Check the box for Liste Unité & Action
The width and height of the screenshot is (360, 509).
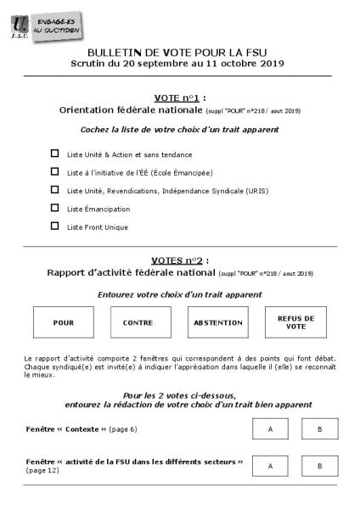(55, 154)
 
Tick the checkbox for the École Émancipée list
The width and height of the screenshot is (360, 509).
(55, 172)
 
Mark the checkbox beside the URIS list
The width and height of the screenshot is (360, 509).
(55, 190)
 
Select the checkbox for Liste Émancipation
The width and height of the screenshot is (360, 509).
(55, 208)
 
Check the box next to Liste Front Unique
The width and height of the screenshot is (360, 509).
(55, 226)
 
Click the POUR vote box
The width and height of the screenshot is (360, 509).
(64, 322)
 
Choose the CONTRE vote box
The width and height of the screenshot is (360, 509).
(138, 322)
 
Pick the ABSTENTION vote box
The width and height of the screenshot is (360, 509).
(217, 322)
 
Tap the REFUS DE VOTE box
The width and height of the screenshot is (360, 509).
(295, 322)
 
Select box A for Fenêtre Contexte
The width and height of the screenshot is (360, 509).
(270, 429)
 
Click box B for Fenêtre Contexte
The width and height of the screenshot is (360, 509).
(320, 429)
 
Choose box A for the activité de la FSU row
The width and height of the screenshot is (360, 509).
(270, 466)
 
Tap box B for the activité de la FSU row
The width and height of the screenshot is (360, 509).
(320, 466)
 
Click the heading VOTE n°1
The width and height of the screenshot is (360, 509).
(179, 98)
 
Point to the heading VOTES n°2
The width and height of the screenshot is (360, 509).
(179, 260)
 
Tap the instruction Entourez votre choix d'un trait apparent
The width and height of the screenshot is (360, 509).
(179, 294)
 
